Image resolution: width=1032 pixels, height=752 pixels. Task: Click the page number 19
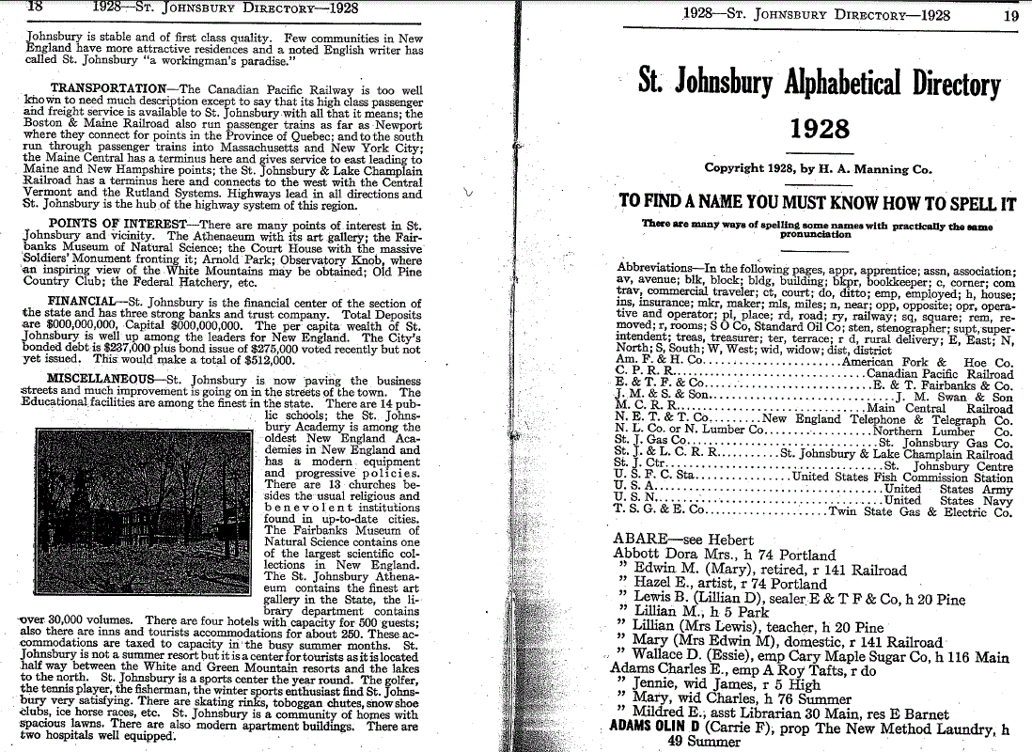[x=1010, y=14]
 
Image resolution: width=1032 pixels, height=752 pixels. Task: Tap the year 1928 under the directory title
[x=820, y=129]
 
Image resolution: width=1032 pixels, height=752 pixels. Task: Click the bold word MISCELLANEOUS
[x=101, y=381]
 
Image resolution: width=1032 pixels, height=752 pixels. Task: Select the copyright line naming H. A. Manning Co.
[x=818, y=170]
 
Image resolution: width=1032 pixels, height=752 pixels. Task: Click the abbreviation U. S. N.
[x=634, y=500]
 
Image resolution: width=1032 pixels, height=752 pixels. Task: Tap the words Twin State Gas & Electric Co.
[x=920, y=512]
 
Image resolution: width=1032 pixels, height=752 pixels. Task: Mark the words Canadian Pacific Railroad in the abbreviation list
[x=940, y=374]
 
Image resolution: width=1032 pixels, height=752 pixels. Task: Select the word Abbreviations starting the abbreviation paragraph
[x=654, y=268]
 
